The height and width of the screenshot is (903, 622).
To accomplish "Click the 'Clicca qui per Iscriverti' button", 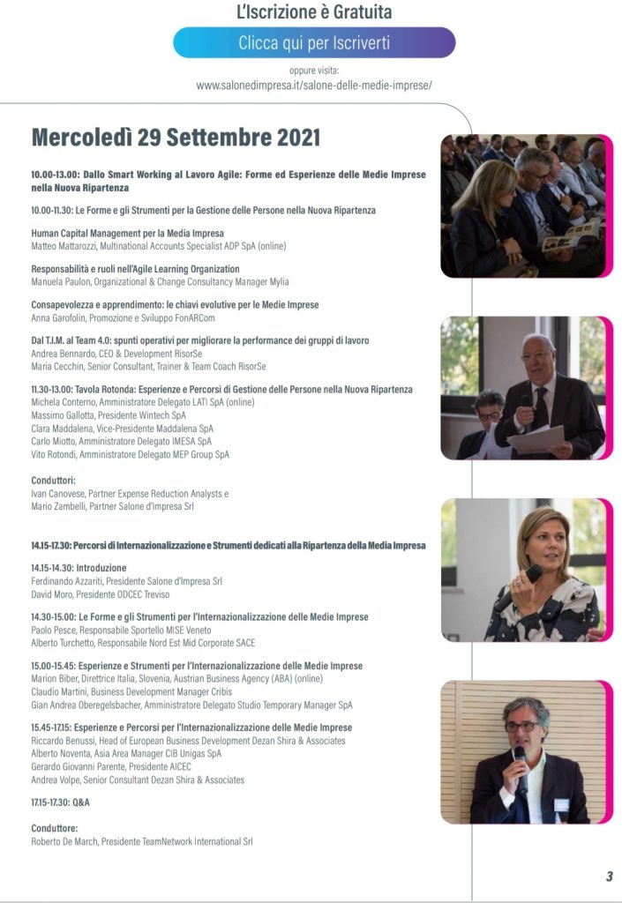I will coord(314,42).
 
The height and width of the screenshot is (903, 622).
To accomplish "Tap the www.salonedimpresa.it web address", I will coord(313,86).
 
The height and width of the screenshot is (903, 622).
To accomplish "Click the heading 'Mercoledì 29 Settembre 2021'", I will coord(176,138).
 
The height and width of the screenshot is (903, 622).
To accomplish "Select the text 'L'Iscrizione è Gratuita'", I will coord(314,12).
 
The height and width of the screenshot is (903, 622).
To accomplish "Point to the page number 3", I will coord(609,876).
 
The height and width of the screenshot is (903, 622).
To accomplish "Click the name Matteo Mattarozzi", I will coord(66,246).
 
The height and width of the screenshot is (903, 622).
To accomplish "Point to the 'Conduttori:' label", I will coord(56,481).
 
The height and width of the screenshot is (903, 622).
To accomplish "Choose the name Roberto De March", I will coord(67,842).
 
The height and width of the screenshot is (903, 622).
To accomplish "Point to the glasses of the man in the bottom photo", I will coord(522,726).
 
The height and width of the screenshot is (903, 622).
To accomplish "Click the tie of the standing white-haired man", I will coord(541,407).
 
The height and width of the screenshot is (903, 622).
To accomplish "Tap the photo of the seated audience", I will coord(523,206).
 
